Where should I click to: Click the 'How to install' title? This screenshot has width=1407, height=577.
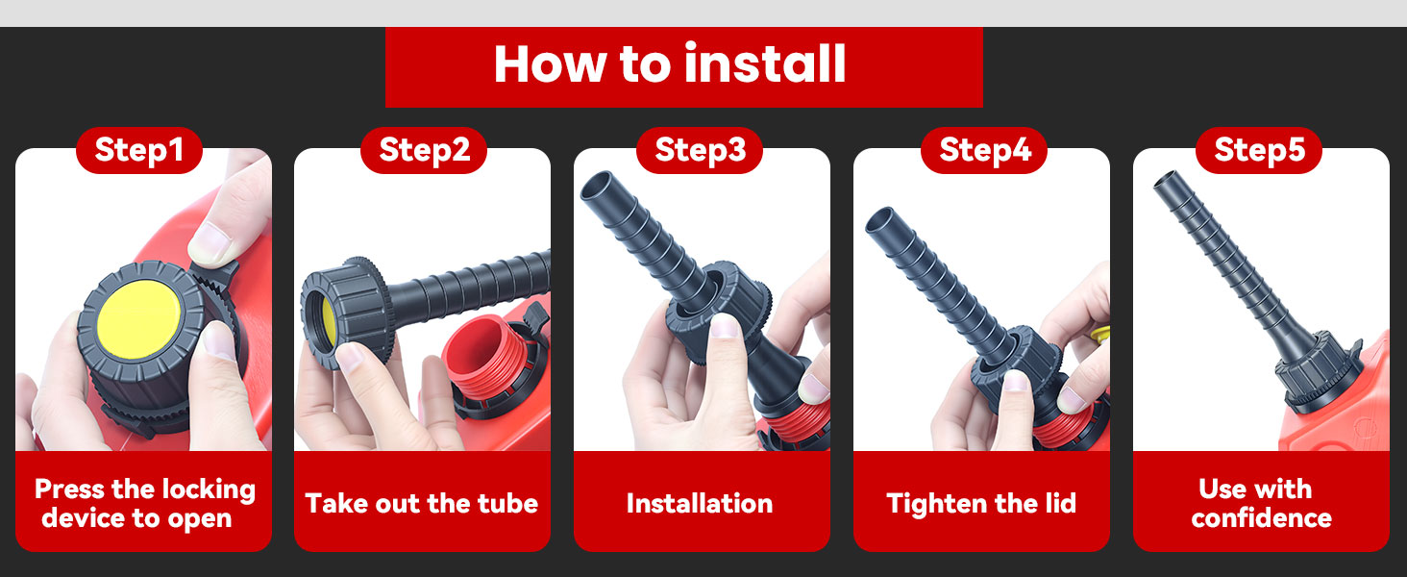pyautogui.click(x=670, y=64)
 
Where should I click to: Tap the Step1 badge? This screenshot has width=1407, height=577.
pyautogui.click(x=138, y=150)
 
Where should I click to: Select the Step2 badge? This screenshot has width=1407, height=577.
pyautogui.click(x=424, y=150)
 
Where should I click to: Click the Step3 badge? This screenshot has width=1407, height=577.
pyautogui.click(x=700, y=150)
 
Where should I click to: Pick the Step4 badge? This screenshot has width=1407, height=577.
pyautogui.click(x=984, y=150)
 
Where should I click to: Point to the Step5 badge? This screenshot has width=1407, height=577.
pyautogui.click(x=1259, y=150)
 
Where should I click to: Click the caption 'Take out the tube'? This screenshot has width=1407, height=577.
pyautogui.click(x=422, y=504)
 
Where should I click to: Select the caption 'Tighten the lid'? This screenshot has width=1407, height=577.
pyautogui.click(x=981, y=504)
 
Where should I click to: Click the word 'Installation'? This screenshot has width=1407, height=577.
pyautogui.click(x=700, y=504)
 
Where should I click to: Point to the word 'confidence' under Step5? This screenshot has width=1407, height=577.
pyautogui.click(x=1261, y=518)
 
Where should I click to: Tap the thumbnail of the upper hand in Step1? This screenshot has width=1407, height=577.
pyautogui.click(x=211, y=242)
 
